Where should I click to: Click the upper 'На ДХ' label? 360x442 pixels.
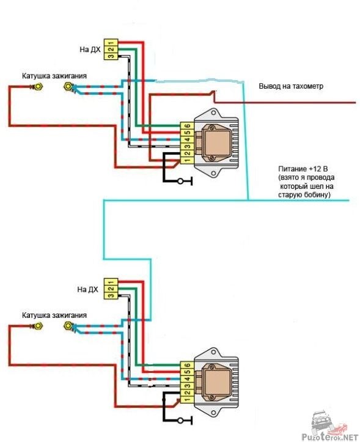click(x=90, y=50)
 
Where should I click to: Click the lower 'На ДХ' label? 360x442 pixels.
click(x=87, y=290)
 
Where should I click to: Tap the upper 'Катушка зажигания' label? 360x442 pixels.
click(x=54, y=76)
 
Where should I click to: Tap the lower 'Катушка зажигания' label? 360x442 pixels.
click(x=54, y=315)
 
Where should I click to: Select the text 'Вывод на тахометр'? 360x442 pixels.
click(x=291, y=86)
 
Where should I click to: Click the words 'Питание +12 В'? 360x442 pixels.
click(x=303, y=169)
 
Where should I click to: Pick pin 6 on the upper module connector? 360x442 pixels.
click(x=187, y=126)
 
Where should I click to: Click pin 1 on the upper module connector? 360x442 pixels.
click(x=187, y=160)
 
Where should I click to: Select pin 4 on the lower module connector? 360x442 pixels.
click(x=187, y=379)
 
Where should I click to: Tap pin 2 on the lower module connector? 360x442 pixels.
click(x=187, y=392)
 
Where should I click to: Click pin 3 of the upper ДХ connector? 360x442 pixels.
click(x=111, y=56)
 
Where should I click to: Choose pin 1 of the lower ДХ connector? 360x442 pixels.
click(x=111, y=282)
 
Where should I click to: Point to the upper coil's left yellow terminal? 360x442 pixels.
click(x=39, y=87)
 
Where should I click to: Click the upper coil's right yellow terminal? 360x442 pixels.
click(x=68, y=86)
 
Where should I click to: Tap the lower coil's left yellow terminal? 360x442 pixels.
click(x=39, y=326)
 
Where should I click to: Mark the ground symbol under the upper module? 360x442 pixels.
click(x=185, y=181)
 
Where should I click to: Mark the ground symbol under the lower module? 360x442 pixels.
click(x=185, y=420)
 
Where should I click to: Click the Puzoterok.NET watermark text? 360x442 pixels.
click(x=330, y=437)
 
